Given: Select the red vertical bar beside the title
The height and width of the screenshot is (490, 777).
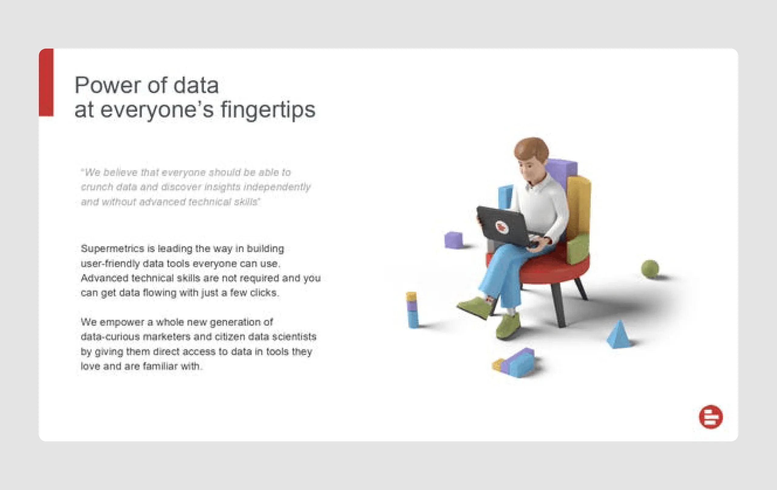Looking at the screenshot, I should (x=46, y=82).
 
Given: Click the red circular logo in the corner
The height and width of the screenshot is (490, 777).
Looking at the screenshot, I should (x=711, y=417).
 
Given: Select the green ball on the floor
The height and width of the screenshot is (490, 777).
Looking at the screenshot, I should (x=650, y=268).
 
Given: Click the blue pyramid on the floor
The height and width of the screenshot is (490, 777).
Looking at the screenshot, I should (x=619, y=335).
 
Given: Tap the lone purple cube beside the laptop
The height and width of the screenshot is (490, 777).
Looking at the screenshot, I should (x=453, y=240).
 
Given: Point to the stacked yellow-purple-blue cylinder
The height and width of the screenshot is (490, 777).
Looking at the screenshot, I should (x=412, y=310).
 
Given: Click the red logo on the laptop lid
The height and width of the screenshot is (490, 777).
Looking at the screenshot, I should (x=501, y=227).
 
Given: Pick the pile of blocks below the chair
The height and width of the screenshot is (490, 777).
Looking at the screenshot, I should (x=516, y=363).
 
